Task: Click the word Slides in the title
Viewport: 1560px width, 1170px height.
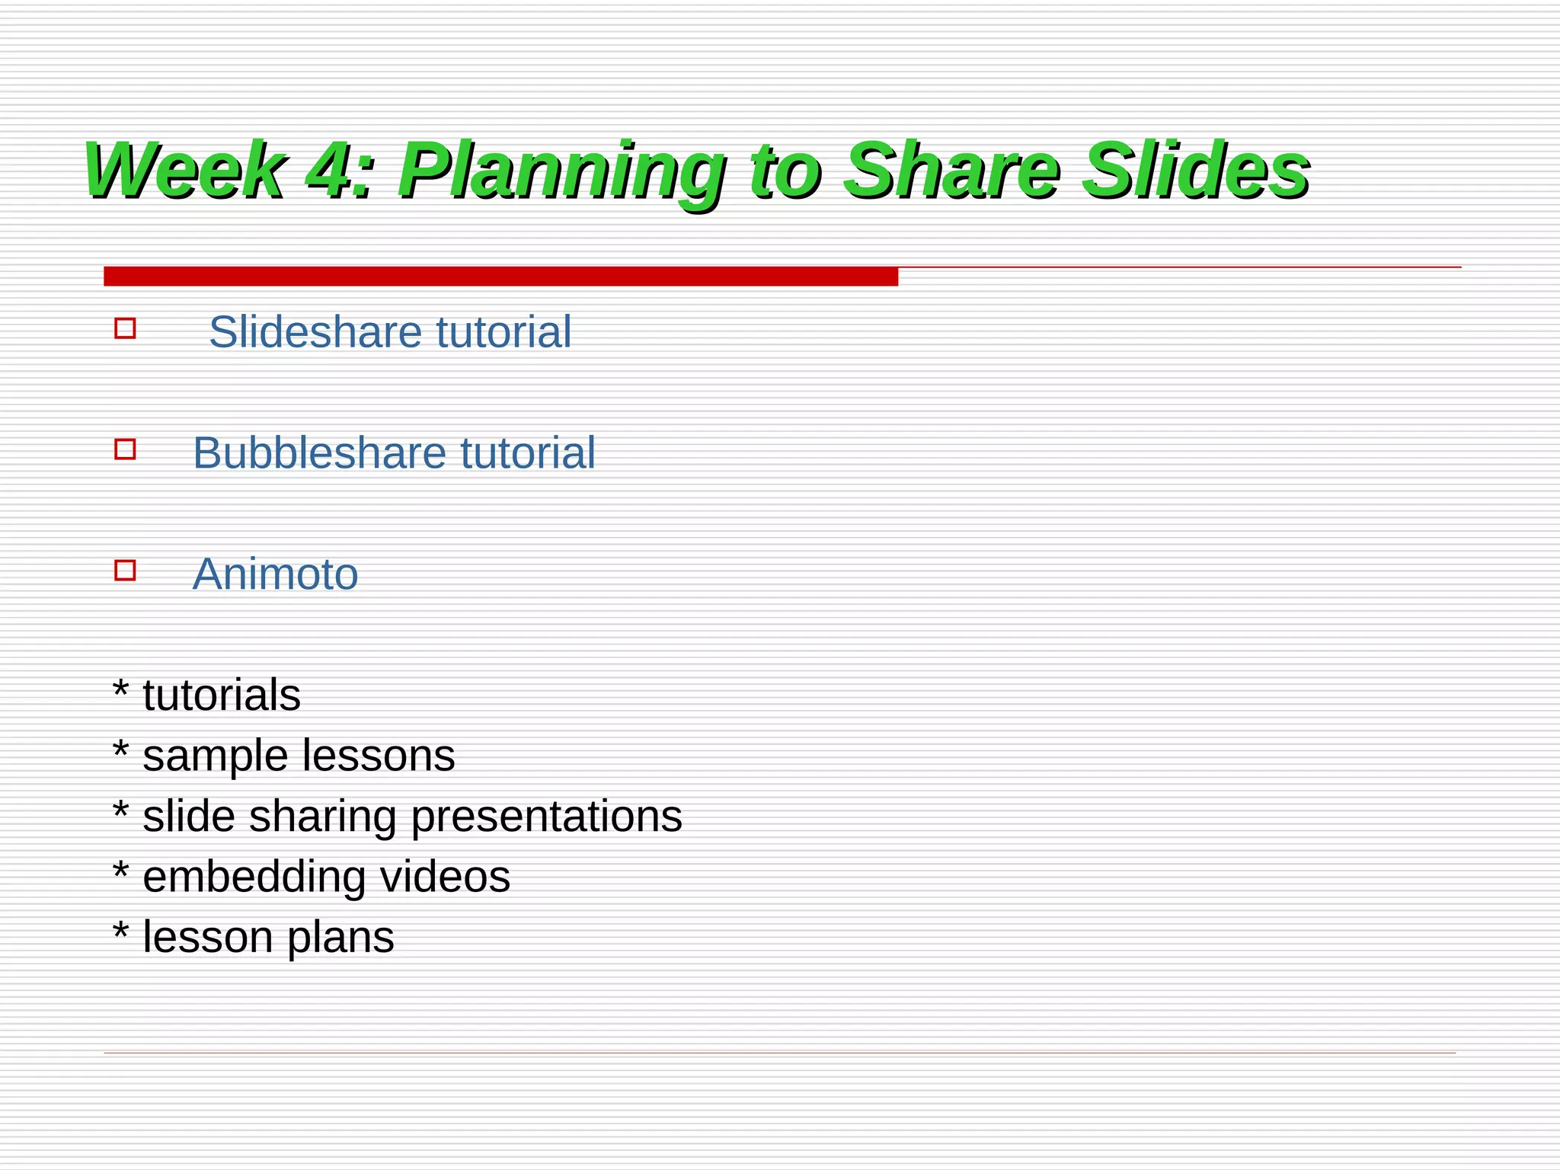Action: tap(1196, 171)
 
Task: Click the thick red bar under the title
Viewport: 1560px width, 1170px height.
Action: tap(500, 277)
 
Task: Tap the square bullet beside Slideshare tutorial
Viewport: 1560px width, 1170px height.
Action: tap(125, 328)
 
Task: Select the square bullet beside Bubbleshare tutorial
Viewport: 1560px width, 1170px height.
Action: tap(125, 449)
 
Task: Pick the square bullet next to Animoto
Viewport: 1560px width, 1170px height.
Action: tap(125, 570)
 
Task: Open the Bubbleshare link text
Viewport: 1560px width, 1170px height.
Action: tap(318, 453)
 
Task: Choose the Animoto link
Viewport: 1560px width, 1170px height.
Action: tap(275, 574)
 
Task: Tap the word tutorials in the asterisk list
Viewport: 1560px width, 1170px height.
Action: tap(222, 695)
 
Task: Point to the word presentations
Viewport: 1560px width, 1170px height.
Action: tap(546, 817)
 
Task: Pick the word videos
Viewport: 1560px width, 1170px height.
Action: tap(446, 877)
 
